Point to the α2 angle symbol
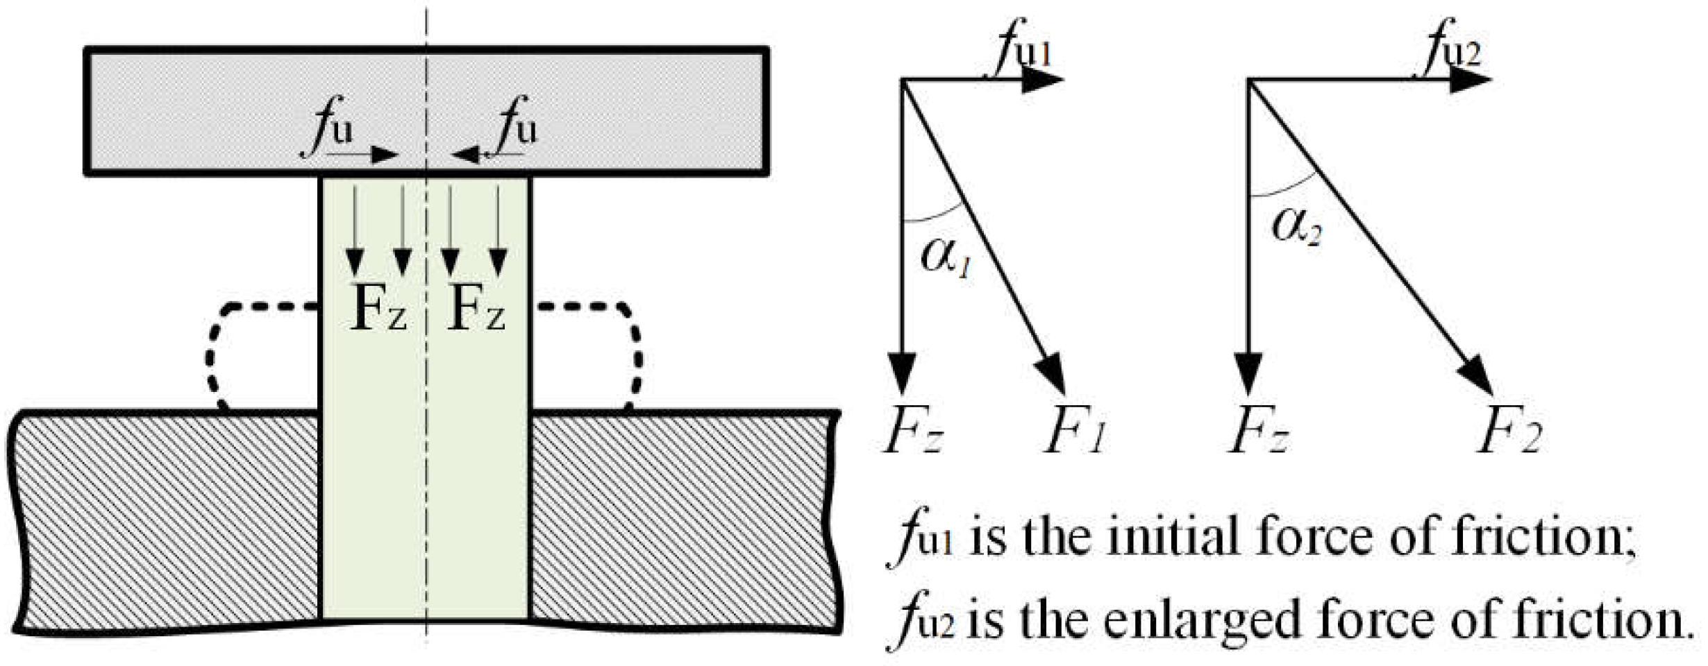[x=1296, y=228]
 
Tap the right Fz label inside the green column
[x=476, y=307]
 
